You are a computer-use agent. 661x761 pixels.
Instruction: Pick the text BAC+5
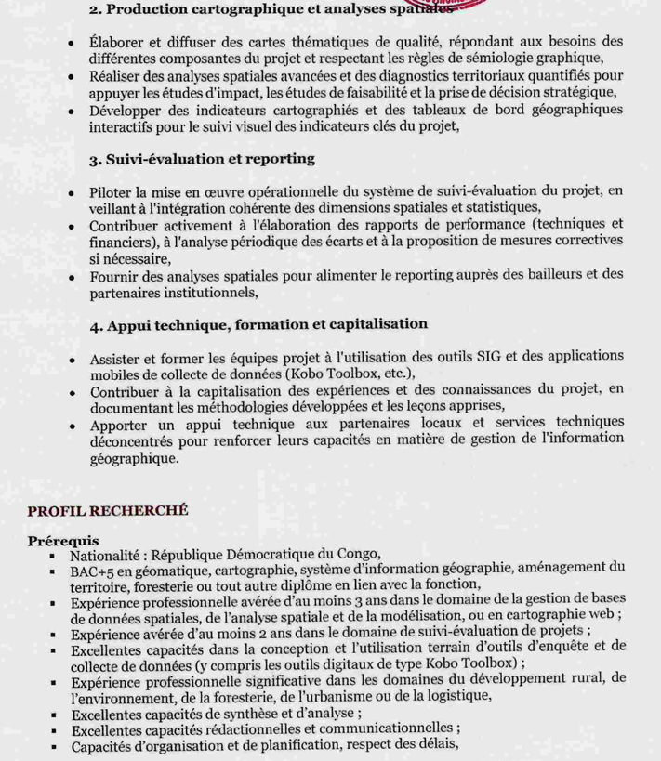[91, 570]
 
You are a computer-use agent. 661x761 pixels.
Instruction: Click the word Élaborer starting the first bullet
[120, 42]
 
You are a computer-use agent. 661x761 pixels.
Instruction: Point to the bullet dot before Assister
[73, 359]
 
